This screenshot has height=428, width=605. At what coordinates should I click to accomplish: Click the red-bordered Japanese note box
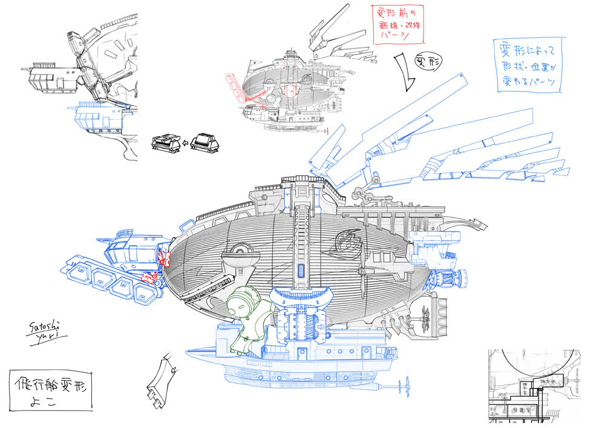(397, 24)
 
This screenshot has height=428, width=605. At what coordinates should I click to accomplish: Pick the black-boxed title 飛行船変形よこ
(50, 391)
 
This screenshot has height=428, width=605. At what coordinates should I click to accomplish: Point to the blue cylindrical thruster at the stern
(448, 278)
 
